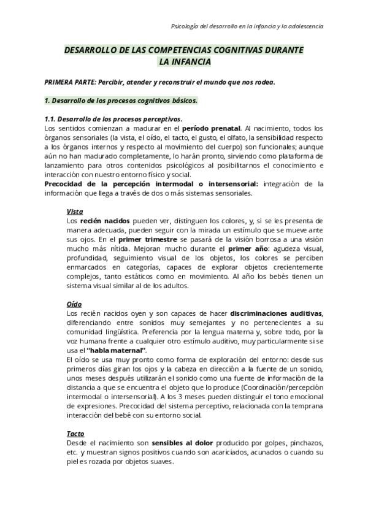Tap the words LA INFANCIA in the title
185,61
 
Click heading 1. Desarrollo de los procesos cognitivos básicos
121,100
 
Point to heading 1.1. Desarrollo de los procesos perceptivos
113,119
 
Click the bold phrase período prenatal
211,128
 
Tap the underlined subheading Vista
74,212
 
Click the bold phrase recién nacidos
100,221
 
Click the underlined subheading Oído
74,304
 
